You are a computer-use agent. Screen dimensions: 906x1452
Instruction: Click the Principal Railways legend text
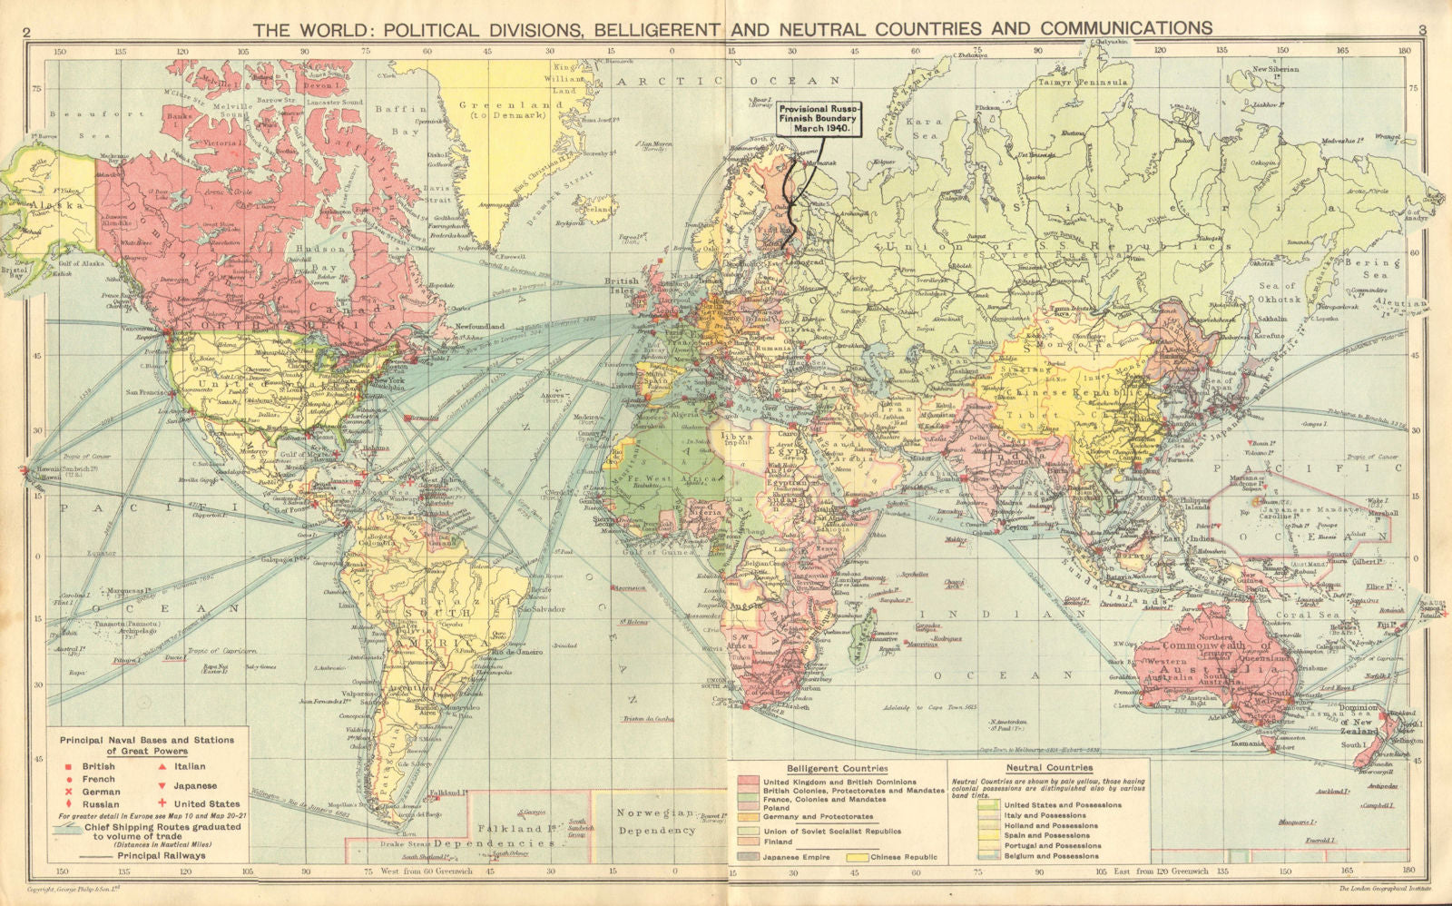[x=161, y=855]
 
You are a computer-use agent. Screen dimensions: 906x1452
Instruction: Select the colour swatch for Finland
[x=750, y=842]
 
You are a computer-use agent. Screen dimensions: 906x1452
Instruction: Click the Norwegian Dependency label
[x=657, y=822]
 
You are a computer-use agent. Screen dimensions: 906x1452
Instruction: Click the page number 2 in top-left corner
[x=28, y=31]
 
